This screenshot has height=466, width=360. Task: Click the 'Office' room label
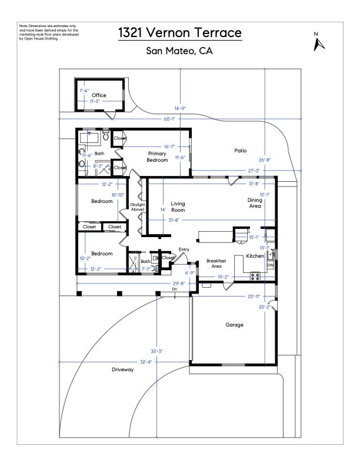pyautogui.click(x=99, y=95)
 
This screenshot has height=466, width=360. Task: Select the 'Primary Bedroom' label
pyautogui.click(x=157, y=157)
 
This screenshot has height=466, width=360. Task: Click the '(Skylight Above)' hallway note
pyautogui.click(x=138, y=207)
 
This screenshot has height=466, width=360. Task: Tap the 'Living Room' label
pyautogui.click(x=178, y=207)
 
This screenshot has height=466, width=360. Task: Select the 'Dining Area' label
pyautogui.click(x=255, y=203)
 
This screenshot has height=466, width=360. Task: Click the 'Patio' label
pyautogui.click(x=241, y=151)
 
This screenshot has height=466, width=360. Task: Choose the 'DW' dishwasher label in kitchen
pyautogui.click(x=270, y=265)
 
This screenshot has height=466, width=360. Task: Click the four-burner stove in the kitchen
pyautogui.click(x=255, y=275)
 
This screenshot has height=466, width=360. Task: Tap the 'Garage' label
pyautogui.click(x=235, y=324)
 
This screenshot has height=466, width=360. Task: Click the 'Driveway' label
pyautogui.click(x=123, y=370)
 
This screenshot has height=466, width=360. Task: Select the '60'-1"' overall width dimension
pyautogui.click(x=170, y=119)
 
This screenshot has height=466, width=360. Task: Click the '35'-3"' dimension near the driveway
pyautogui.click(x=156, y=351)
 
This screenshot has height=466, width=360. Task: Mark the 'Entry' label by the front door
pyautogui.click(x=184, y=249)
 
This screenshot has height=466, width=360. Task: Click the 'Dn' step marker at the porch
pyautogui.click(x=175, y=289)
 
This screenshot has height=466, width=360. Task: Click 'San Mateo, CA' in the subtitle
pyautogui.click(x=179, y=51)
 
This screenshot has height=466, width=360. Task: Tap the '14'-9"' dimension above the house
pyautogui.click(x=180, y=108)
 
